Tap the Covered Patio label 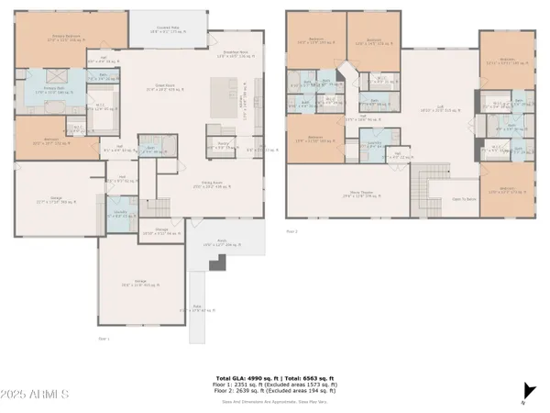[166, 29]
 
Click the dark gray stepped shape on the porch [217, 263]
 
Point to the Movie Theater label [343, 194]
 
